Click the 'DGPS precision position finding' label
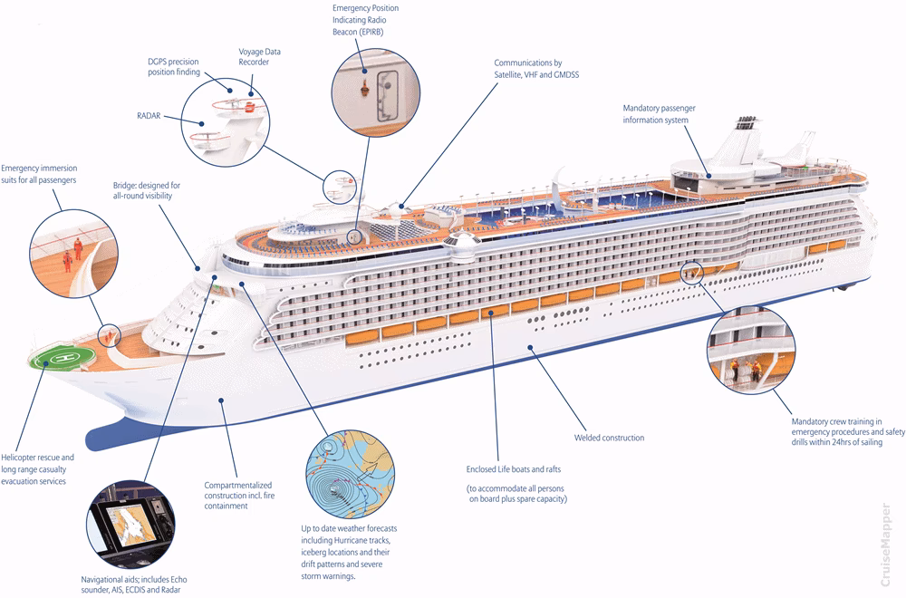pos(173,67)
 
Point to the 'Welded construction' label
pos(609,438)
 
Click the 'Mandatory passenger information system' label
pos(659,114)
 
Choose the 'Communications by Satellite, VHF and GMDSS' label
pos(534,68)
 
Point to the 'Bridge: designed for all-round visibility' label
pos(148,189)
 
